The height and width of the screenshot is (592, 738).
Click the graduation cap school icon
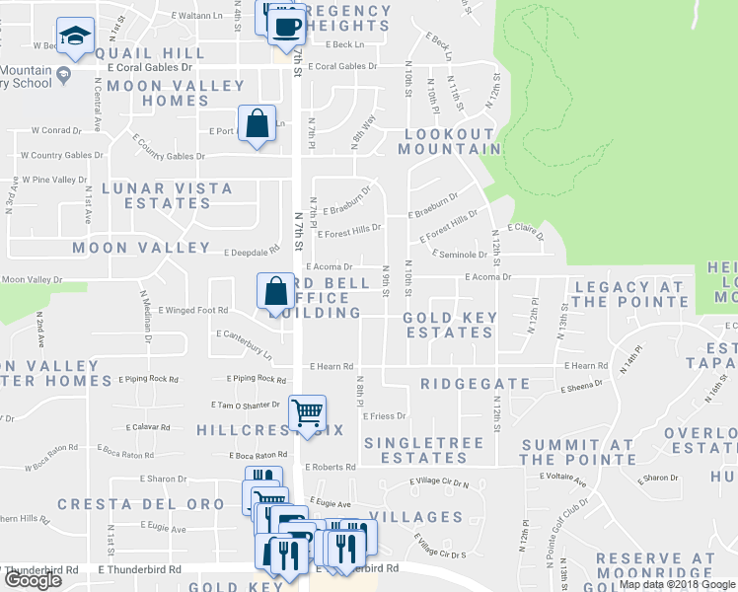pos(75,37)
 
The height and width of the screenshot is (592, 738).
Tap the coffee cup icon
pos(286,26)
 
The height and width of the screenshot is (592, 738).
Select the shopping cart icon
pos(308,411)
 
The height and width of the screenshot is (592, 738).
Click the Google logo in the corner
pos(32,580)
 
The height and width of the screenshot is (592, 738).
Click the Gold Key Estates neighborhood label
pos(447,326)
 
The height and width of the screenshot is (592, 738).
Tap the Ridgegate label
pos(475,384)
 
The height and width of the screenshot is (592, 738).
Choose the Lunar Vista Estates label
pos(167,195)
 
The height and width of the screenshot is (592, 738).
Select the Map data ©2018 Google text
pos(676,584)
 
